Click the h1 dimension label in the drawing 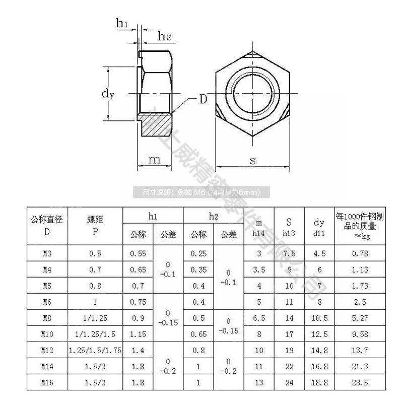[x=122, y=22]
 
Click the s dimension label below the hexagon [x=252, y=160]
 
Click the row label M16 [x=47, y=382]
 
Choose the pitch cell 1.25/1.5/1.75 [x=95, y=350]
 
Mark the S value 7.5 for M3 [x=289, y=253]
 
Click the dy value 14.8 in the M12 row [x=319, y=350]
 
